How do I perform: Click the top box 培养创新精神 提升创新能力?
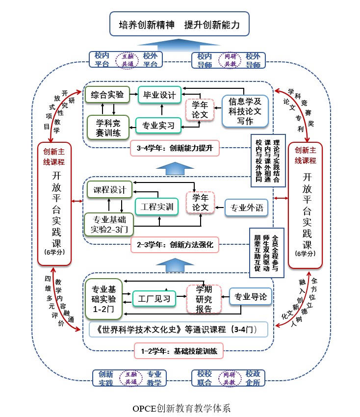tap(180, 25)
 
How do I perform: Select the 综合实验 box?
tap(107, 94)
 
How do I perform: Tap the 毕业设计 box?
tap(159, 95)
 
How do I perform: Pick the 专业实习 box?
tap(158, 126)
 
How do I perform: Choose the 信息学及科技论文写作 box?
tap(245, 111)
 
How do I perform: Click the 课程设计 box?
tap(109, 189)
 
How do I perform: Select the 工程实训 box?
tap(157, 207)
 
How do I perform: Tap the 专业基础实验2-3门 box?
tap(109, 223)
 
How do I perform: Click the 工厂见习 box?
tap(154, 297)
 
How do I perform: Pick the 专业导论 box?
tap(250, 296)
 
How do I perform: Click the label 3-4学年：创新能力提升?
tap(175, 148)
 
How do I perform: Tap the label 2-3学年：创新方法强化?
tap(175, 245)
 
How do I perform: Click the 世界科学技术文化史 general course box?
tap(179, 329)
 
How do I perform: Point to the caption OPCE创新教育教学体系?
tap(181, 408)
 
